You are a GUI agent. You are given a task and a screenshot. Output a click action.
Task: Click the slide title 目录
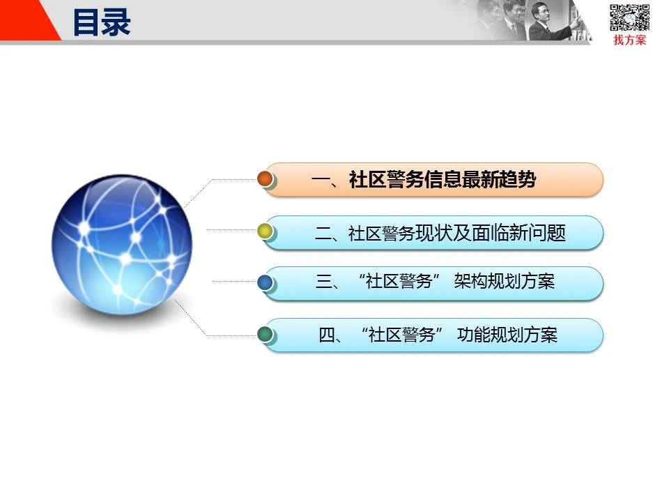click(102, 22)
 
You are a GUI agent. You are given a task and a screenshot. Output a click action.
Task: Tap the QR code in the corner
click(629, 17)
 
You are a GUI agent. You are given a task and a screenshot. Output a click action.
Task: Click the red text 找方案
click(630, 40)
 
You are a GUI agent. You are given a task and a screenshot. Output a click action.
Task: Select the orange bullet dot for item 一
click(265, 179)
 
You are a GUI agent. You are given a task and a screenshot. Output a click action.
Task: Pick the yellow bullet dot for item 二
click(265, 231)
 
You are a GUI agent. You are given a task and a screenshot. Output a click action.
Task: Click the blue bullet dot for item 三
click(265, 282)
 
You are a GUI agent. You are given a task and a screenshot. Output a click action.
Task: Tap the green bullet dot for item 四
click(265, 334)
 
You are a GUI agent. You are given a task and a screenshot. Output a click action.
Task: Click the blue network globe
click(122, 245)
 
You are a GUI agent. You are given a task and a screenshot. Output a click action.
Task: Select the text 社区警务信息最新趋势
click(443, 179)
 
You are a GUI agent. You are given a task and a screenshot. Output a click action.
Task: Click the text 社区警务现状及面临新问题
click(457, 233)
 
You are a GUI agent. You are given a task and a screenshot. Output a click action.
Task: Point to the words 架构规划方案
click(505, 281)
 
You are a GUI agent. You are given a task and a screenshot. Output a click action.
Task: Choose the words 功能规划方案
click(507, 335)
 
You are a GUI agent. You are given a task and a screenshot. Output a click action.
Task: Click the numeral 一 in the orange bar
click(321, 180)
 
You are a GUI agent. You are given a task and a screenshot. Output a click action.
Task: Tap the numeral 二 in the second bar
click(323, 234)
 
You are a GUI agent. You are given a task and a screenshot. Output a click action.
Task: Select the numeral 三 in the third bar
click(324, 282)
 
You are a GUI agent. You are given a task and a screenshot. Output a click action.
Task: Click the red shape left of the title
click(26, 20)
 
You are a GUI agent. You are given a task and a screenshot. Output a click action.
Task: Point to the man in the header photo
click(551, 22)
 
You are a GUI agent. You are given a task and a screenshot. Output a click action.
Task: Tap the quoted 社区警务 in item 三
click(399, 281)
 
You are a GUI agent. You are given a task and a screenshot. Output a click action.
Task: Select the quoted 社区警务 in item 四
click(402, 335)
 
